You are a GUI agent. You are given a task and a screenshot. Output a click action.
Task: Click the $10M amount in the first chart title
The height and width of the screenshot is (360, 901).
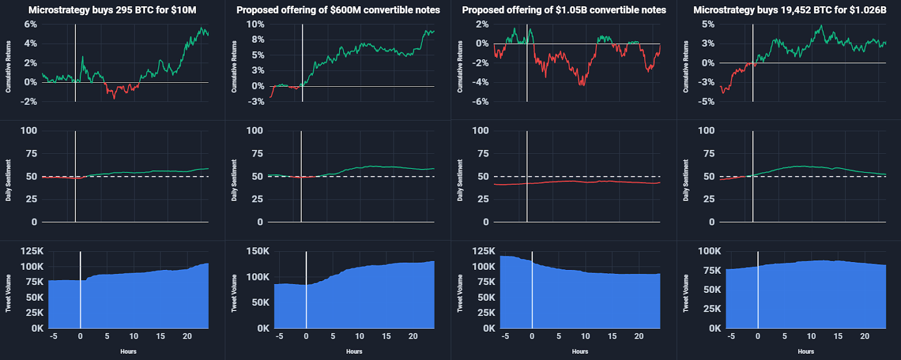click(184, 10)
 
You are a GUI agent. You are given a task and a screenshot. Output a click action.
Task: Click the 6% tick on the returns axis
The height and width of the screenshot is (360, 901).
click(30, 24)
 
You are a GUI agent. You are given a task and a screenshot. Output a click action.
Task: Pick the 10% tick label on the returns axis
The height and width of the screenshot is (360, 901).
click(255, 24)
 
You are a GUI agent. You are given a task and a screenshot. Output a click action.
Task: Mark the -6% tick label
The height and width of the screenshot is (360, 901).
click(480, 102)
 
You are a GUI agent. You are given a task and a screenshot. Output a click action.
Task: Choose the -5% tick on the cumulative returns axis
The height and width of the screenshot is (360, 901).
click(707, 102)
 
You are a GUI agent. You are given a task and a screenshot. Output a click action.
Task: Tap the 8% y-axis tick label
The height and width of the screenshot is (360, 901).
click(257, 39)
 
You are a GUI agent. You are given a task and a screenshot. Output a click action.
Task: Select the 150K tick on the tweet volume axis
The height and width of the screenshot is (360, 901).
click(257, 251)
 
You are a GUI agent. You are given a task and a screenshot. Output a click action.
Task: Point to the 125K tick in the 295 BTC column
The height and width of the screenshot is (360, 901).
click(32, 251)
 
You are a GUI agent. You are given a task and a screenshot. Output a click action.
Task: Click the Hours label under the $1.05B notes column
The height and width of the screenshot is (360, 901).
click(580, 352)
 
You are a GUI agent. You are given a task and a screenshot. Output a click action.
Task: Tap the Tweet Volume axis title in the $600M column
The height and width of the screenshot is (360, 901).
click(234, 293)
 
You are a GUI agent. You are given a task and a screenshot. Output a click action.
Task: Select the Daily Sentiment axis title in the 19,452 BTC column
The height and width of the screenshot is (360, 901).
click(686, 180)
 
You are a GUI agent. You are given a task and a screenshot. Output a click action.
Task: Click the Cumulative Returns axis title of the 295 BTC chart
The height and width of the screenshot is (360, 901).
click(8, 66)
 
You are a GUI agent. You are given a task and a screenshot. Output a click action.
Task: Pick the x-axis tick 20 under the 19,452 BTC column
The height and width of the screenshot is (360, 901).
click(864, 336)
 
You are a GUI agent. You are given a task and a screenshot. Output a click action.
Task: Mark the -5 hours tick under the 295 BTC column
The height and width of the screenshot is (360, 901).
click(53, 336)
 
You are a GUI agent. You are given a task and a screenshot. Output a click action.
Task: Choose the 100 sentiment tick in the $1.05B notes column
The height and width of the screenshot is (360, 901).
click(480, 131)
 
